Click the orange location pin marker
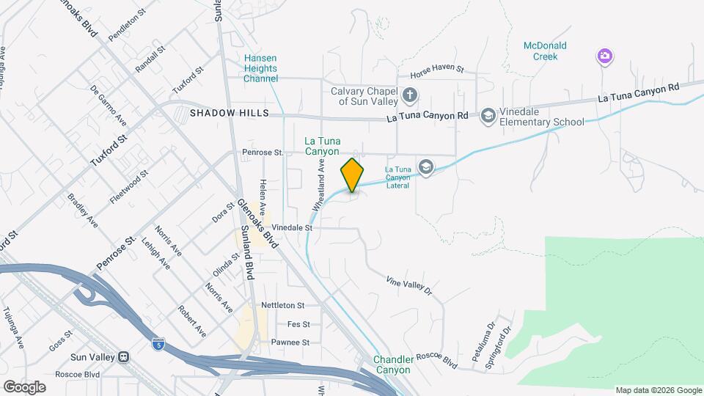tap(353, 175)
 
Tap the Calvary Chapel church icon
tap(411, 95)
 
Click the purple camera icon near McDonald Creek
tap(605, 56)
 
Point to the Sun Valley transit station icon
tap(124, 357)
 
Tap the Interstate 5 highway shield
tap(158, 343)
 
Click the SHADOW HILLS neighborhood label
tap(230, 114)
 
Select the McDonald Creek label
tap(545, 51)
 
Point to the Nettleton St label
tap(282, 305)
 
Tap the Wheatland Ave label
tap(320, 188)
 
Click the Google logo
tap(24, 386)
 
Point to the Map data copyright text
tap(657, 390)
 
